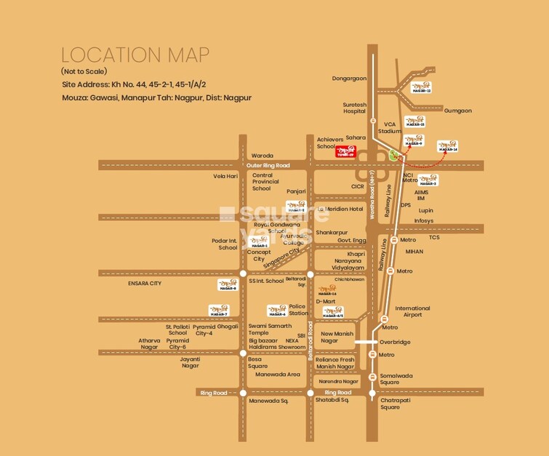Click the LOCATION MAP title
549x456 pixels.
(x=135, y=55)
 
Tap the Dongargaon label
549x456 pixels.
(x=349, y=78)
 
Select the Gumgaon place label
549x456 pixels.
(x=457, y=111)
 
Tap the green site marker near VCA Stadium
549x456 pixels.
(x=393, y=155)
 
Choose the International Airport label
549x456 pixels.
(x=412, y=311)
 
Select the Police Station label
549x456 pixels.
(x=298, y=310)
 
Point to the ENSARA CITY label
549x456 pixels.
(x=144, y=283)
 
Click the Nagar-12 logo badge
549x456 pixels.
(x=421, y=87)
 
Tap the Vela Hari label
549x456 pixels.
(x=225, y=176)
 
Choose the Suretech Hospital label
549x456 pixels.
(x=355, y=108)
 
